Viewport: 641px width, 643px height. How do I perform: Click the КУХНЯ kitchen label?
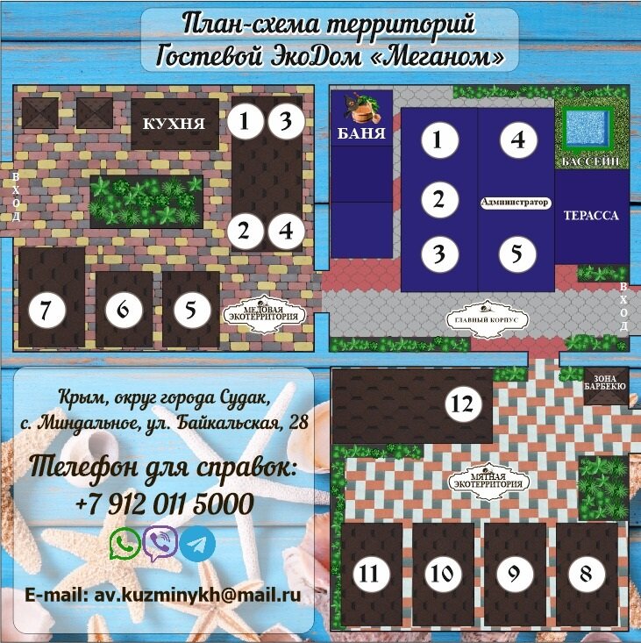pyautogui.click(x=174, y=124)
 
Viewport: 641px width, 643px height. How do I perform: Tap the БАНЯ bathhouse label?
pyautogui.click(x=361, y=132)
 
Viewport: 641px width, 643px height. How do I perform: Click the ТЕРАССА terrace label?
pyautogui.click(x=591, y=215)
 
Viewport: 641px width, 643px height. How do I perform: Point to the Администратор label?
pyautogui.click(x=515, y=202)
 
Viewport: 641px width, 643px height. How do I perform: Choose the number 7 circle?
pyautogui.click(x=47, y=310)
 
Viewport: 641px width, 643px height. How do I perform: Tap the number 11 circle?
pyautogui.click(x=371, y=574)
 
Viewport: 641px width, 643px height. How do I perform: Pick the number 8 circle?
pyautogui.click(x=587, y=574)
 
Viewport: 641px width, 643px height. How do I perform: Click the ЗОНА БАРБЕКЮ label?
pyautogui.click(x=605, y=382)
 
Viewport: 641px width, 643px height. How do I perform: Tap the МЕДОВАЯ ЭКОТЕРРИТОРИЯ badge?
pyautogui.click(x=267, y=314)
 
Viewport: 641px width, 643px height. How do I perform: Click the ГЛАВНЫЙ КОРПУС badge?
pyautogui.click(x=487, y=319)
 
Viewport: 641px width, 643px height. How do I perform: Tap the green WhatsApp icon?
pyautogui.click(x=125, y=543)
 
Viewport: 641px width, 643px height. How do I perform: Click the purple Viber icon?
pyautogui.click(x=160, y=544)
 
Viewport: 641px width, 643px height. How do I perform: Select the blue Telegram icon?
pyautogui.click(x=197, y=544)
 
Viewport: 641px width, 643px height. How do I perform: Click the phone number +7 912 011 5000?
pyautogui.click(x=165, y=504)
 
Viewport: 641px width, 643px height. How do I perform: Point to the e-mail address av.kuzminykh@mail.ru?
pyautogui.click(x=163, y=595)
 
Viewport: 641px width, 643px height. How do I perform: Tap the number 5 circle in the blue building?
pyautogui.click(x=516, y=254)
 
